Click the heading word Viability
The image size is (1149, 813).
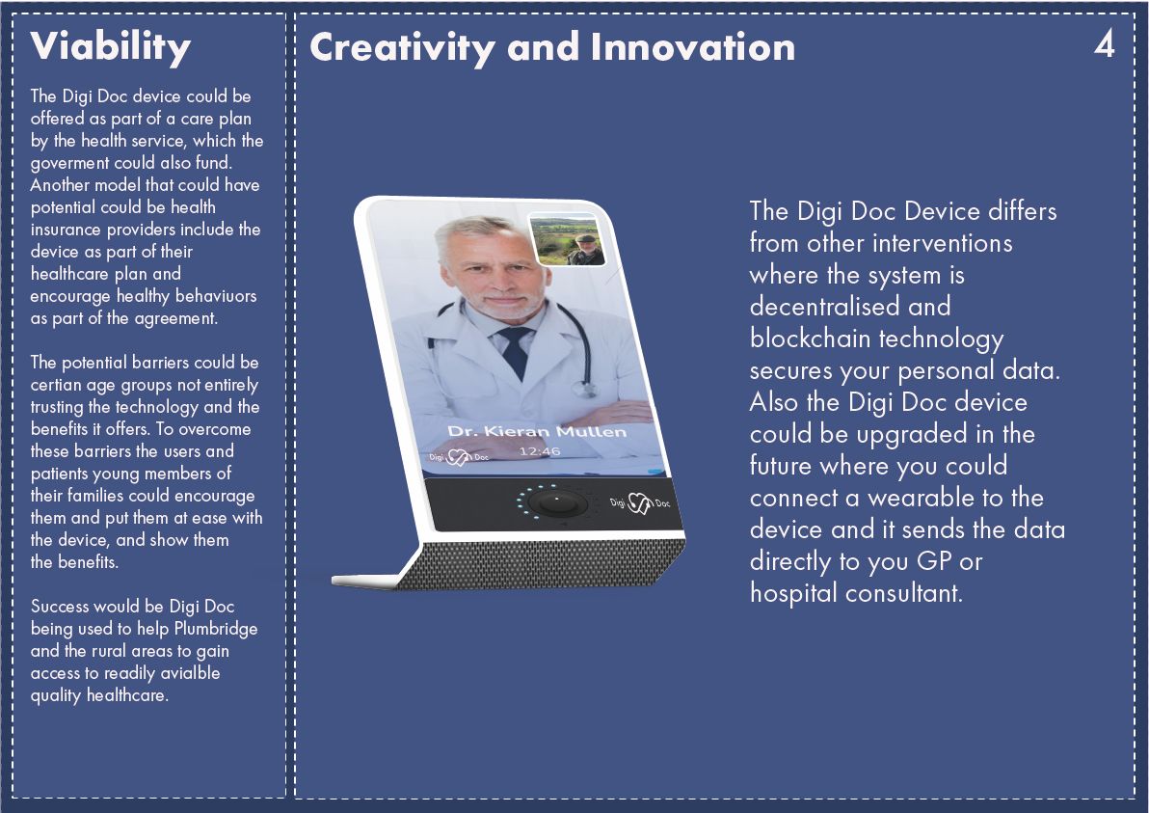click(111, 47)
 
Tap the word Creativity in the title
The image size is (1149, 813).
click(402, 48)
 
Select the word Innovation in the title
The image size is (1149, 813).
click(692, 47)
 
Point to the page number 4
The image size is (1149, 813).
click(1105, 44)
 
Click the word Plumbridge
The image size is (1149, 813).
click(216, 628)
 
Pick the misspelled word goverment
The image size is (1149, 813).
click(69, 164)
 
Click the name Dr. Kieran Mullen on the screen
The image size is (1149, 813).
click(537, 431)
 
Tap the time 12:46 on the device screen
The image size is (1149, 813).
click(540, 450)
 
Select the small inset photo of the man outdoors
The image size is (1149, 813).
click(567, 239)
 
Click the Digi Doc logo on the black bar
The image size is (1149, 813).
click(640, 502)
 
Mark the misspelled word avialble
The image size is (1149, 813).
click(190, 673)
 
